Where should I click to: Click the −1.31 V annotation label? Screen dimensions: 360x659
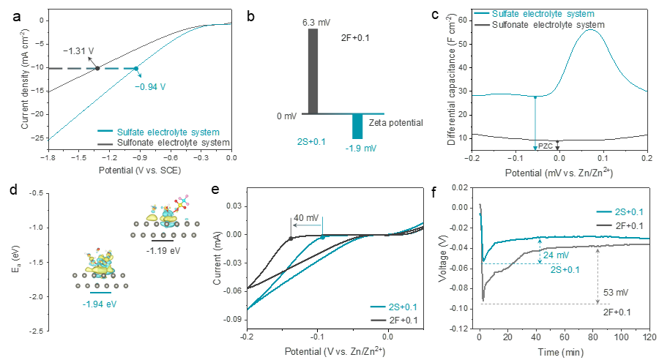tap(80, 50)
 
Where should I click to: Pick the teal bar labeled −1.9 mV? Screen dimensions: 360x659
tap(357, 126)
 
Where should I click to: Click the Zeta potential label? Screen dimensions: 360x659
tap(396, 123)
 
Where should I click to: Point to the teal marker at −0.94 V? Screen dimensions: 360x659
tap(136, 69)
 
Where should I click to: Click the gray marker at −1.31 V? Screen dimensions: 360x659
tap(97, 69)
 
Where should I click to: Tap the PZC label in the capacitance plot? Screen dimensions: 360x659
tap(546, 147)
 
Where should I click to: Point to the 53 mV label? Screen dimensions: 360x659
tap(613, 292)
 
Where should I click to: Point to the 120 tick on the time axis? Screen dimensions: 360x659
tap(648, 340)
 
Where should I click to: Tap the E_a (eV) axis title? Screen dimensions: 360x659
tap(15, 261)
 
